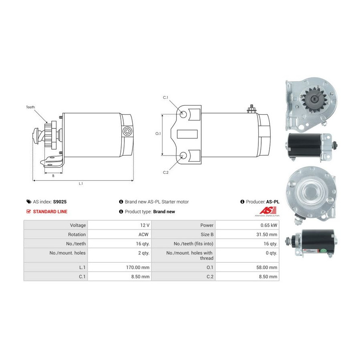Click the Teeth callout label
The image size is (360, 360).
tap(30, 107)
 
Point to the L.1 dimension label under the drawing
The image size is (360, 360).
tap(81, 184)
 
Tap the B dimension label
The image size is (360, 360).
tap(53, 176)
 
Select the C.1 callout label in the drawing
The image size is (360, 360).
tap(166, 98)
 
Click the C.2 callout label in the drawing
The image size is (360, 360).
tap(166, 172)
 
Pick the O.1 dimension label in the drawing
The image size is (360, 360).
tap(158, 134)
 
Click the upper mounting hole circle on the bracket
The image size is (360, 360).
tap(183, 114)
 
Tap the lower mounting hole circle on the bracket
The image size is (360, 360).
tap(183, 156)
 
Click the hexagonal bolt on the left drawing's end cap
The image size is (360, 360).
tap(127, 131)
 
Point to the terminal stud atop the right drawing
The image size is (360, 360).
tap(252, 109)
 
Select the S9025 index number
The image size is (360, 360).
tap(60, 202)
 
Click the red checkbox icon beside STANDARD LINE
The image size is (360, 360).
tap(28, 212)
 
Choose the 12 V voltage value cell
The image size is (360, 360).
tap(145, 225)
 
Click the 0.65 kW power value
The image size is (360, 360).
tap(269, 225)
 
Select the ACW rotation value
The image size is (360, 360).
tap(144, 234)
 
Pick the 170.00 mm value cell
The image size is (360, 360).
tap(138, 267)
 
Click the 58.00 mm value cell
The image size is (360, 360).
tap(266, 267)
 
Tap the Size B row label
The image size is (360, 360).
tap(207, 234)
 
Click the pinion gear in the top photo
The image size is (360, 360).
tap(314, 99)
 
